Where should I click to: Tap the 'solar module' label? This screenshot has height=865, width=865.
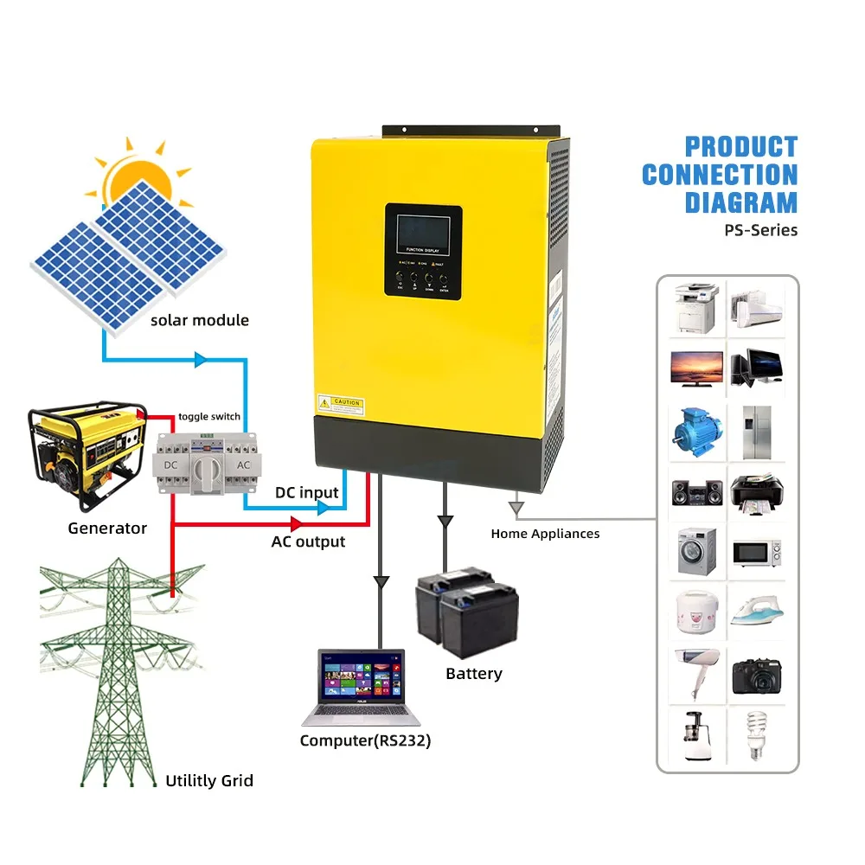point(199,321)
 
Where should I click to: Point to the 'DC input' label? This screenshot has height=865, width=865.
point(307,493)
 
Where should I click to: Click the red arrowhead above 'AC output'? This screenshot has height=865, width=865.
point(296,523)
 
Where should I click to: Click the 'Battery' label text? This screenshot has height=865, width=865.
point(473,674)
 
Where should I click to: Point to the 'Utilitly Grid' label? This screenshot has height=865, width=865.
point(209,781)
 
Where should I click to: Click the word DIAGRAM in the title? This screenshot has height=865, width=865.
point(741,203)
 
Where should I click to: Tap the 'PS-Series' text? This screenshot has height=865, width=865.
point(761,231)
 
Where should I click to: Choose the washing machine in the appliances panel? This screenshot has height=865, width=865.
point(696,548)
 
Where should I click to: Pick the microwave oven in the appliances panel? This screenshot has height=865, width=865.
point(757,551)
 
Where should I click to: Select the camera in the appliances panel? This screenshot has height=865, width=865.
point(757,674)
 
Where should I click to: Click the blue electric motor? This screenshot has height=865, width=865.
point(695,429)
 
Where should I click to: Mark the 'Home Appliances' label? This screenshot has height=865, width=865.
point(545,534)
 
